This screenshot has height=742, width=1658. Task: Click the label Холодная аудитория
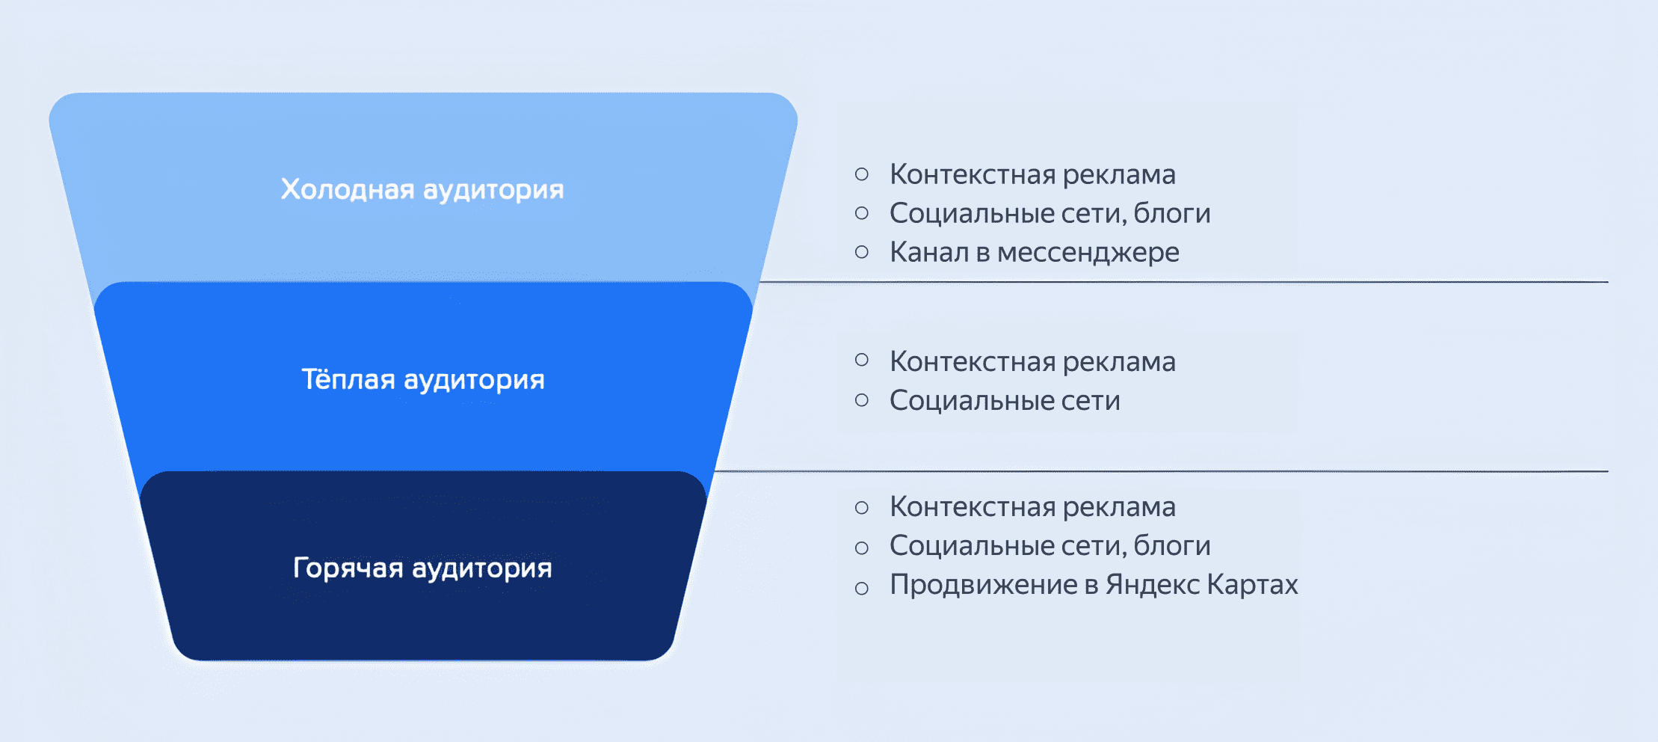coord(422,189)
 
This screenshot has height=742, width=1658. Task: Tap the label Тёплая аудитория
coord(422,379)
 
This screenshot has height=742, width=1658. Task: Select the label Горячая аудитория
coord(422,568)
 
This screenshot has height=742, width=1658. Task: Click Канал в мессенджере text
coord(1034,252)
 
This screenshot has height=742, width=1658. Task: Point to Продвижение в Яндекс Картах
coord(1093,584)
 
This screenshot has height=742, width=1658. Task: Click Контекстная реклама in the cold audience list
coord(1032,174)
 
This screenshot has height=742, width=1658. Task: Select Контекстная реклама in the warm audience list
coord(1032,361)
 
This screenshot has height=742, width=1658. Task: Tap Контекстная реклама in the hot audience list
coord(1032,506)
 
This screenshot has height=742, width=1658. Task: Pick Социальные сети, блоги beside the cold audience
coord(1050,213)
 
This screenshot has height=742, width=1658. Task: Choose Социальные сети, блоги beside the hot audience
coord(1050,545)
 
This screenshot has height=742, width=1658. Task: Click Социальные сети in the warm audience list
coord(1005,400)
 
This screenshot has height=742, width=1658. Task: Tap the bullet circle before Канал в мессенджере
coord(862,252)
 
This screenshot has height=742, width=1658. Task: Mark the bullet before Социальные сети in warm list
coord(862,400)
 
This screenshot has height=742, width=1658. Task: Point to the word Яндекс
coord(1152,584)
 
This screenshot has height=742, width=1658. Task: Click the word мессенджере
coord(1088,253)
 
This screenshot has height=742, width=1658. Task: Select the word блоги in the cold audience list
coord(1171,214)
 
